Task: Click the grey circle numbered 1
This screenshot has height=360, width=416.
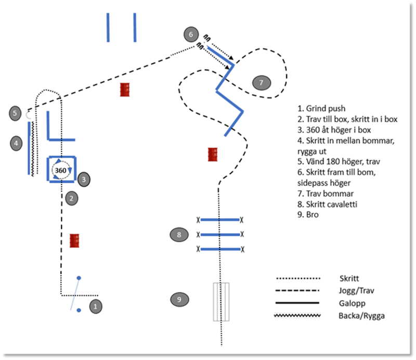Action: pos(95,306)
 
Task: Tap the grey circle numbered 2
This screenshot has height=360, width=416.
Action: pos(72,198)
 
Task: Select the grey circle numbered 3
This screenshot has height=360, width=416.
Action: pos(85,179)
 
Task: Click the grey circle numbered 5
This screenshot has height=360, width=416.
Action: pos(15,113)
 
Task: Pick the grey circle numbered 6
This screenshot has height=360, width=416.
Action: pos(191,34)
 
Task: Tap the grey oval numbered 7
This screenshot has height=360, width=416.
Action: pos(262,82)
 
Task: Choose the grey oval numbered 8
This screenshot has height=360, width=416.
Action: pos(179,235)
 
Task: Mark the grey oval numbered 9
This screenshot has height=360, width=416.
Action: pos(179,299)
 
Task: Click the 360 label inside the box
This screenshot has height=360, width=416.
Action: pos(61,171)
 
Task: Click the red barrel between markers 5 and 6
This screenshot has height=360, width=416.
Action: pos(125,89)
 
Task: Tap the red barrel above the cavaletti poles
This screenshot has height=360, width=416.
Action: pos(213,155)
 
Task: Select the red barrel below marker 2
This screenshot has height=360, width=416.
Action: pos(75,240)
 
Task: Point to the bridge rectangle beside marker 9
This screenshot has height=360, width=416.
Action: pos(222,302)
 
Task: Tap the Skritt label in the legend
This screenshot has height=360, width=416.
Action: pos(349,278)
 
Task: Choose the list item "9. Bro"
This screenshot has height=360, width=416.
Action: pos(308,214)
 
